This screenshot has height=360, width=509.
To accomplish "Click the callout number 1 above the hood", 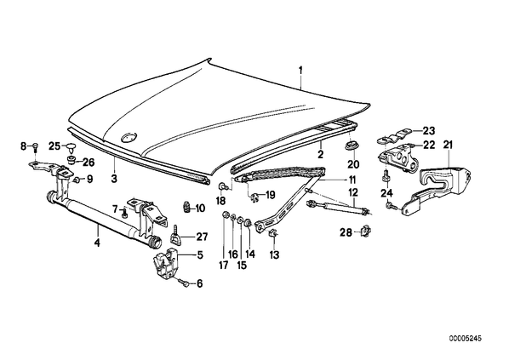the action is click(x=301, y=71).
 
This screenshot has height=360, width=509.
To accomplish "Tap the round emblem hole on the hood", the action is click(x=129, y=138).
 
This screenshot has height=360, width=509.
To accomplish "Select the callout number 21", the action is click(x=448, y=145).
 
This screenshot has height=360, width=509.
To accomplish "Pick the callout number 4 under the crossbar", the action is click(x=98, y=243).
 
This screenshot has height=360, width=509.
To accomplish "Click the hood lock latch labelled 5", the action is click(x=165, y=263).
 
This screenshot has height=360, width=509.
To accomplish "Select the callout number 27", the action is click(x=202, y=237).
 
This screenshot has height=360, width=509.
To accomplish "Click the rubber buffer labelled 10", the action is click(x=187, y=207).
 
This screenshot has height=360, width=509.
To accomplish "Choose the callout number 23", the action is click(x=428, y=131).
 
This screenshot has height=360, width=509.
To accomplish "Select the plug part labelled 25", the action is click(x=70, y=148).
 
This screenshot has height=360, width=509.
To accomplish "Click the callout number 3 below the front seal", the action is click(x=114, y=179).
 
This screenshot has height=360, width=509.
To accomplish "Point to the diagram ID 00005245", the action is click(x=466, y=338).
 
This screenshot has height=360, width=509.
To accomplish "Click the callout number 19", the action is click(x=270, y=195).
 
